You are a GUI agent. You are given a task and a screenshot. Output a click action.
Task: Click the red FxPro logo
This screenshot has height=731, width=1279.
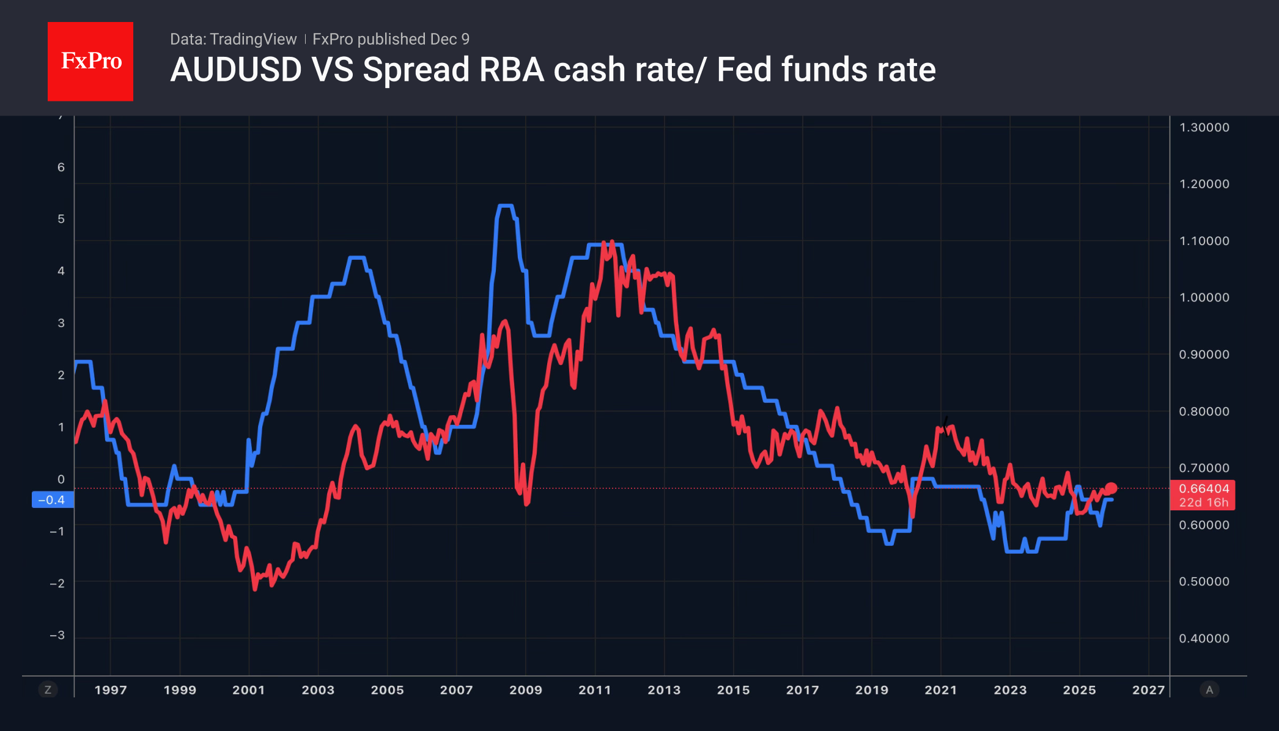(90, 61)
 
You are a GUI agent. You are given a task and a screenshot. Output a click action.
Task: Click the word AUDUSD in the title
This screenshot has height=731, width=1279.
(236, 70)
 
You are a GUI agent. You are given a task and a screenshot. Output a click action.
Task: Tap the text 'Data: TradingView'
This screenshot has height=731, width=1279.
(233, 39)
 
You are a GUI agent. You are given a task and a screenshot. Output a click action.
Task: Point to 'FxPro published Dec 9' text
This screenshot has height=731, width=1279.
(391, 39)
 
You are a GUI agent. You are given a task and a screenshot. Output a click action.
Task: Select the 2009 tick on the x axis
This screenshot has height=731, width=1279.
(526, 690)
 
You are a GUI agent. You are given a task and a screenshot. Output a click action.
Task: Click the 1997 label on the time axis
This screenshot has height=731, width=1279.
(111, 690)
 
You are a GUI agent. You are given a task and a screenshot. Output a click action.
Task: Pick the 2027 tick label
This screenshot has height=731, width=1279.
(1148, 690)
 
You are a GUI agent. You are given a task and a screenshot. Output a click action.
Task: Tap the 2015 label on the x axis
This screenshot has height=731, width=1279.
(733, 690)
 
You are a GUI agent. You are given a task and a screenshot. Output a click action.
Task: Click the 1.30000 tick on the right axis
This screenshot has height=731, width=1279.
(1204, 128)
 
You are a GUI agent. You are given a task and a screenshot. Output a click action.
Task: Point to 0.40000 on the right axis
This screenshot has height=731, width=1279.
(1204, 639)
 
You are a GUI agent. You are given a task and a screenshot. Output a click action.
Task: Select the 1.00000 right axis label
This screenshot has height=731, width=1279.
(1204, 298)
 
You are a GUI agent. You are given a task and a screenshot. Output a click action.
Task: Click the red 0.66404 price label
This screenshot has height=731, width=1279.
(1203, 489)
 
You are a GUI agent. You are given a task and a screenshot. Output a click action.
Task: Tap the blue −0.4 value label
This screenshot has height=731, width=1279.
(52, 500)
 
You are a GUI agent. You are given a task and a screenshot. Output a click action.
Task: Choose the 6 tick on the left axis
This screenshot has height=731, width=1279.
(61, 167)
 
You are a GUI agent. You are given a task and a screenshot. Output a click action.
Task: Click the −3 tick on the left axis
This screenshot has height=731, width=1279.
(57, 636)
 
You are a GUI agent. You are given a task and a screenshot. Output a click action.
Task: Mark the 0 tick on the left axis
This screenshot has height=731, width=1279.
(61, 479)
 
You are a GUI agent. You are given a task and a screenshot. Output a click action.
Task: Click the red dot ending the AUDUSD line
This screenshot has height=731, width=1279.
(1111, 488)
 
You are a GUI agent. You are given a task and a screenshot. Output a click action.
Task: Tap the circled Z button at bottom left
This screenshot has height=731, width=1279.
(48, 690)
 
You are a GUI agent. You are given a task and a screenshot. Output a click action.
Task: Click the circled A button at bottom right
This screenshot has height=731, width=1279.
(1209, 690)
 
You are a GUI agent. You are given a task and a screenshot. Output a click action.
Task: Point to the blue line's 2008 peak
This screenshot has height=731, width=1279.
(506, 207)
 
